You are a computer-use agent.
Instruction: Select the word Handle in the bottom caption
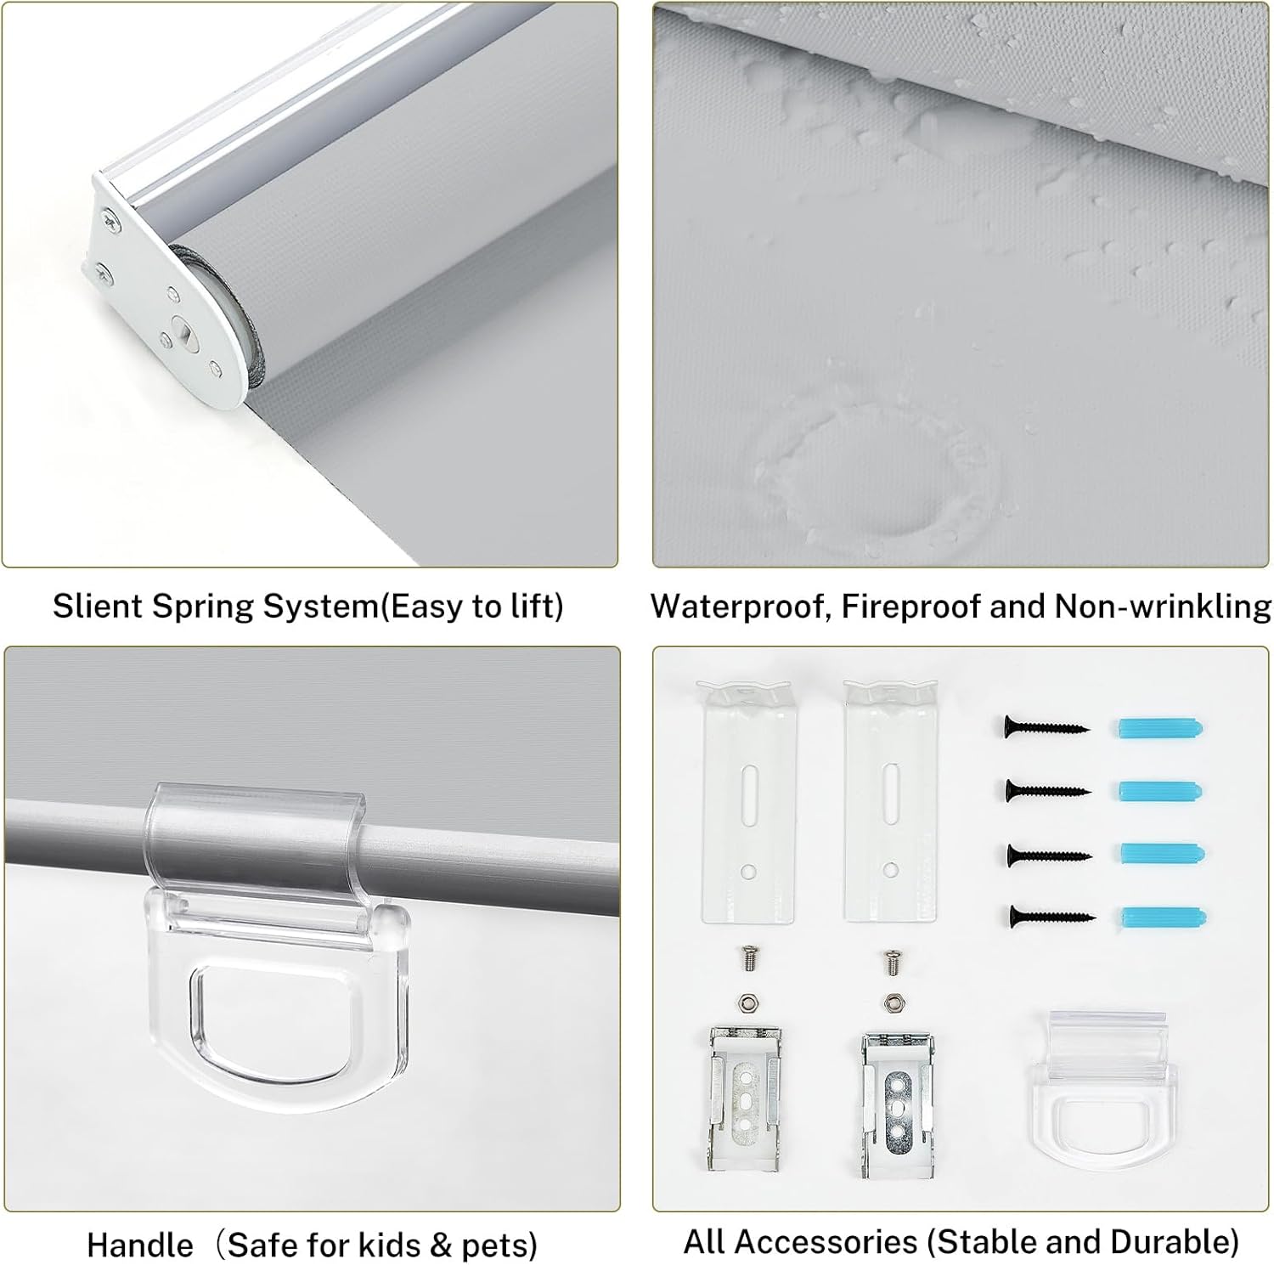click(x=139, y=1245)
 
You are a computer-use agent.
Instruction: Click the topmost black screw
click(x=1046, y=728)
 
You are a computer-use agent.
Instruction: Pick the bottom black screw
click(x=1051, y=916)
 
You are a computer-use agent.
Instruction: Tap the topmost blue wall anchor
click(x=1158, y=728)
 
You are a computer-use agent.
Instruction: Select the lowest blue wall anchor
click(x=1163, y=917)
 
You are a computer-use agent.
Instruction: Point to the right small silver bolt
click(x=891, y=961)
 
